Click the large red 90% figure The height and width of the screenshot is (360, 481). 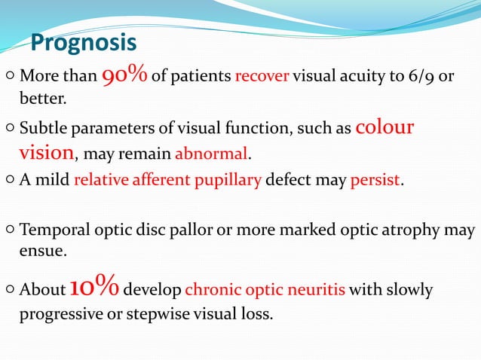pos(125,75)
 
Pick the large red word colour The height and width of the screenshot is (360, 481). pos(384,127)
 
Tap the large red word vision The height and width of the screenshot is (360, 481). pos(45,153)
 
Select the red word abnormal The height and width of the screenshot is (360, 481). pos(211,154)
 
